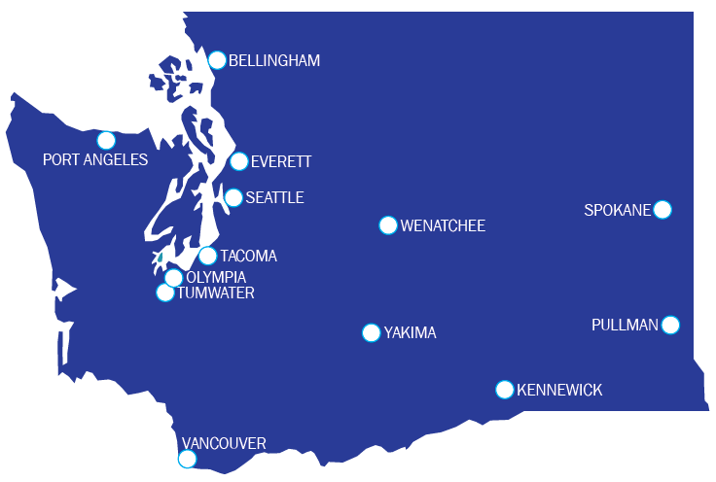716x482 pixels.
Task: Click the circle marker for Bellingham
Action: (217, 60)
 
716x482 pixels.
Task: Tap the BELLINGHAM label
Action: (273, 61)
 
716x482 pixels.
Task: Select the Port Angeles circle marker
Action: (106, 140)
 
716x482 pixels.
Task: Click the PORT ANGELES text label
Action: (95, 159)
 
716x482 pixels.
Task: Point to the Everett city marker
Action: (239, 161)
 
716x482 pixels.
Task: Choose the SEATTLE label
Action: (274, 198)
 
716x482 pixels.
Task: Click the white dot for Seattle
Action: (233, 198)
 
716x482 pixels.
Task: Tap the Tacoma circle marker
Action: (207, 256)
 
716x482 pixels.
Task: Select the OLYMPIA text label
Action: (216, 278)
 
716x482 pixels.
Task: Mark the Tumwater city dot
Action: (165, 293)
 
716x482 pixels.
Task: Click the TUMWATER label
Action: (216, 293)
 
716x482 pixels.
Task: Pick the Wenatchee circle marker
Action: (388, 225)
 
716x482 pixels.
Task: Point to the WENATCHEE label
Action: (443, 226)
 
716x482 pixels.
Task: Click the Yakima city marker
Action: (371, 333)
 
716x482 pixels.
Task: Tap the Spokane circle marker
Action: (662, 209)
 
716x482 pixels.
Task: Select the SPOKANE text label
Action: (617, 210)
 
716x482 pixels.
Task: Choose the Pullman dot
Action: (670, 325)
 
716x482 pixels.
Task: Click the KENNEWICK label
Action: (559, 391)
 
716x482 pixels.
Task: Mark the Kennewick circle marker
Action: (505, 390)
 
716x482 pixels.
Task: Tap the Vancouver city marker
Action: (188, 460)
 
